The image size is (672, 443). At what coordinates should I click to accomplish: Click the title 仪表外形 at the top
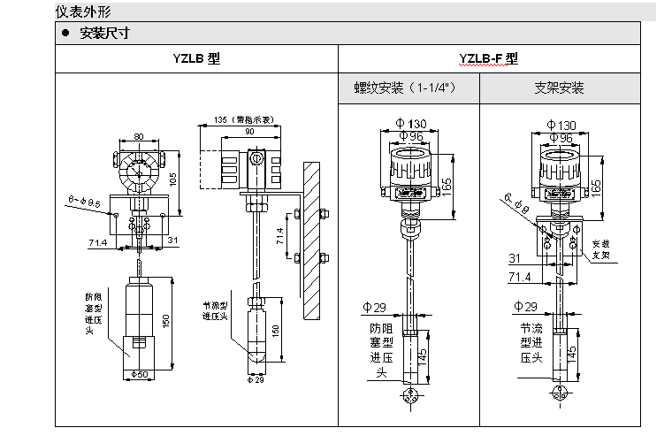pyautogui.click(x=85, y=11)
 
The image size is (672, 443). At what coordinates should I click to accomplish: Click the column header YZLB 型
pyautogui.click(x=195, y=59)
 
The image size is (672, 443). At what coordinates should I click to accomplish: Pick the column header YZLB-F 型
pyautogui.click(x=488, y=59)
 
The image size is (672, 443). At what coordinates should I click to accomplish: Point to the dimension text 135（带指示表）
pyautogui.click(x=242, y=119)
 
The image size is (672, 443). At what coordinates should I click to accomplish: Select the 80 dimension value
pyautogui.click(x=138, y=136)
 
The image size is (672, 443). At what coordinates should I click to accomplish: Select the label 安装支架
pyautogui.click(x=601, y=248)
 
